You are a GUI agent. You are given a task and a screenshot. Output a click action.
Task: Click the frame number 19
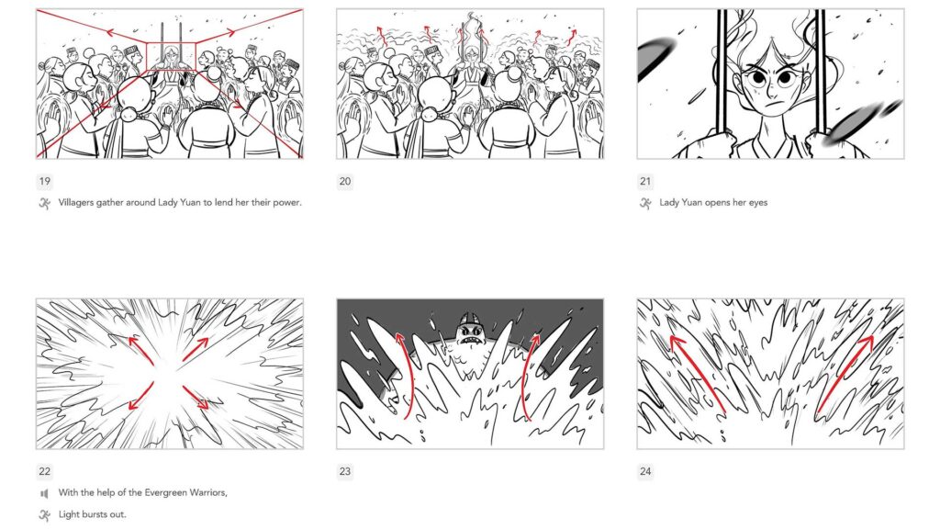(x=44, y=181)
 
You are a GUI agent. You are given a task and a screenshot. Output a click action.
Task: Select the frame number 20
(x=345, y=181)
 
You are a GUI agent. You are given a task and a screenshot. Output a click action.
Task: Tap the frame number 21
(x=645, y=181)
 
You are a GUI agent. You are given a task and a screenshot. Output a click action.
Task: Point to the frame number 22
(x=44, y=472)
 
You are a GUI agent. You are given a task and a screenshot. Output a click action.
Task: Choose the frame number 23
(x=345, y=472)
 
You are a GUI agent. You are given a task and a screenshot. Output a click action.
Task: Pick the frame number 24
(x=645, y=472)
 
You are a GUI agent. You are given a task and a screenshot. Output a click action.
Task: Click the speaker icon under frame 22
(x=44, y=493)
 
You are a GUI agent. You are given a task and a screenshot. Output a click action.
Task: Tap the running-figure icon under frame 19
(x=44, y=203)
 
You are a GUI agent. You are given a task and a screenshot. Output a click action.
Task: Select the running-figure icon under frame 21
(x=645, y=203)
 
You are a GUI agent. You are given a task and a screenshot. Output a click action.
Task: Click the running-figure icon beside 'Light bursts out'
(x=44, y=514)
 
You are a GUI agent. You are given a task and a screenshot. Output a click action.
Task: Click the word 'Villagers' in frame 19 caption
(x=77, y=203)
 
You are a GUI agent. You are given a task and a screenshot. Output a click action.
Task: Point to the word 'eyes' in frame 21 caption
(x=756, y=203)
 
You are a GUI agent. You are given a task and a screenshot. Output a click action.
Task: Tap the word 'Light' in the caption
(x=69, y=514)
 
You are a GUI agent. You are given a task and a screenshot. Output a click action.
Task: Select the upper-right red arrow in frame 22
(x=195, y=349)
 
